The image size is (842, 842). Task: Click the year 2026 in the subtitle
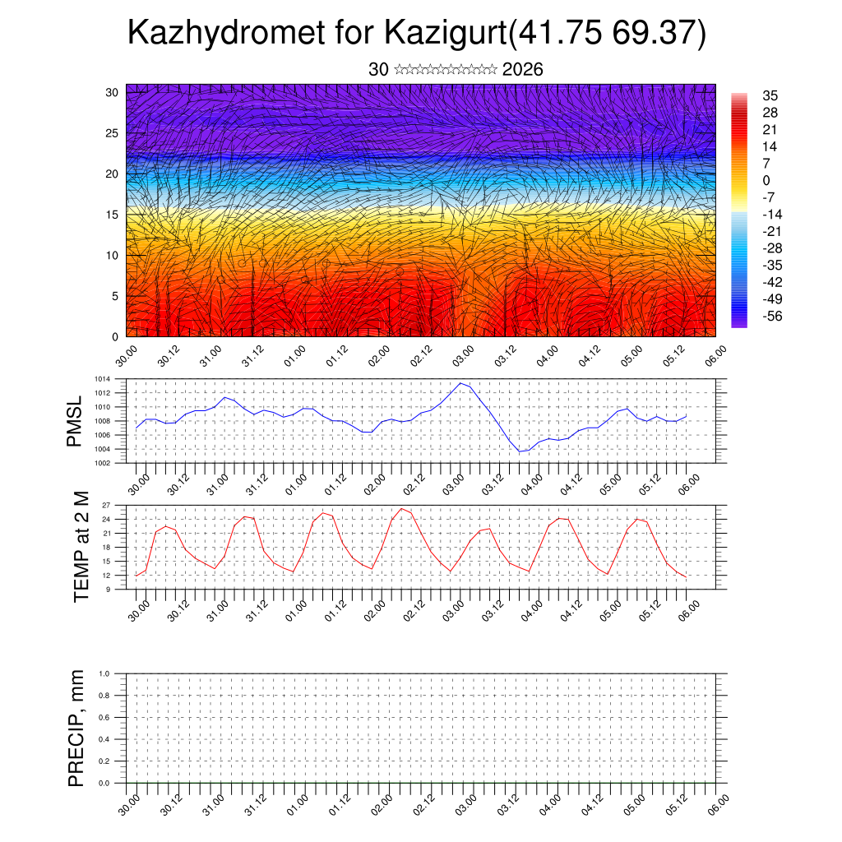tap(522, 70)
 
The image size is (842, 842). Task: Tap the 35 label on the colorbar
tap(770, 95)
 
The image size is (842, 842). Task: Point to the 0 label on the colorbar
tap(766, 180)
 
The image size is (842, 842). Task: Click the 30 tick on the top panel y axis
tap(112, 92)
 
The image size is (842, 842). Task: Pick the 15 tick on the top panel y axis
tap(112, 215)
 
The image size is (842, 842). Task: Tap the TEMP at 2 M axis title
tap(81, 547)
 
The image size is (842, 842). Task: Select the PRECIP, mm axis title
tap(76, 728)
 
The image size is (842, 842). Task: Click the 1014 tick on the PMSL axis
tap(103, 379)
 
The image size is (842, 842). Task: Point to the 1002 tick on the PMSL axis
tap(103, 463)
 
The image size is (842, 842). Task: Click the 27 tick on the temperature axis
tap(106, 505)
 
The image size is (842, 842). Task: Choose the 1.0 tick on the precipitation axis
tap(104, 673)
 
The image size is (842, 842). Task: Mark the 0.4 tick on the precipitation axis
tap(104, 739)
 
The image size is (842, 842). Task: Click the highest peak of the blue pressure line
tap(461, 383)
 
